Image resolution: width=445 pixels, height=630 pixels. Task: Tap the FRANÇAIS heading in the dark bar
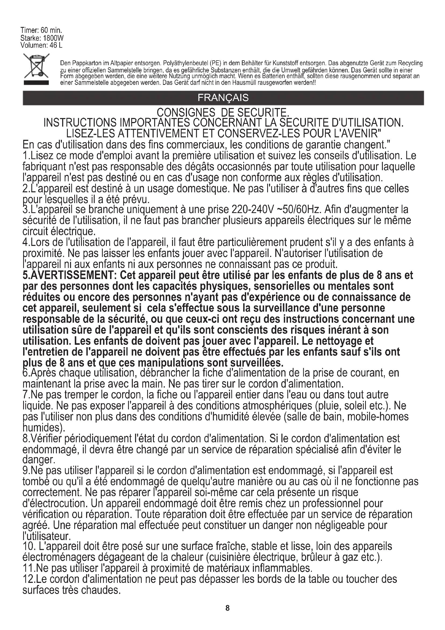(223, 98)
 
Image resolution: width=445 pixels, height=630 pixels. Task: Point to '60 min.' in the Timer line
(51, 30)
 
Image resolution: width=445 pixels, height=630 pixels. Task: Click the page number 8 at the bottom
(227, 608)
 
